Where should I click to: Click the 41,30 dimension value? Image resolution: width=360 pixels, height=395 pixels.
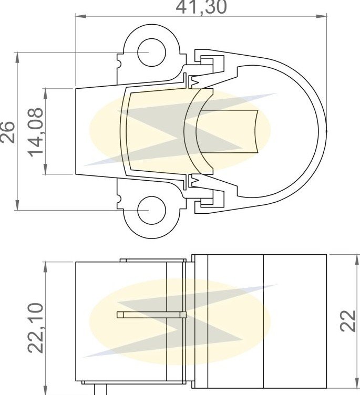tap(201, 7)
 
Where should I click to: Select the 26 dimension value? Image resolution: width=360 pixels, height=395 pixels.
tap(7, 132)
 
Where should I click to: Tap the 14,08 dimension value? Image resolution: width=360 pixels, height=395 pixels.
tap(35, 132)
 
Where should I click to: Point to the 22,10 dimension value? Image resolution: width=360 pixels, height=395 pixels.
tap(35, 327)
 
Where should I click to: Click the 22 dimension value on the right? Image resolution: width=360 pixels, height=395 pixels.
tap(348, 321)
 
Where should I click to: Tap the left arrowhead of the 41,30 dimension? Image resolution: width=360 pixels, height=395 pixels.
tap(81, 16)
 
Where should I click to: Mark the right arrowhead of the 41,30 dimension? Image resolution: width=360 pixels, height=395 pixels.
tap(322, 16)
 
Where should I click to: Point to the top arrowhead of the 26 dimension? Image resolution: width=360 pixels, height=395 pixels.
tap(17, 57)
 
